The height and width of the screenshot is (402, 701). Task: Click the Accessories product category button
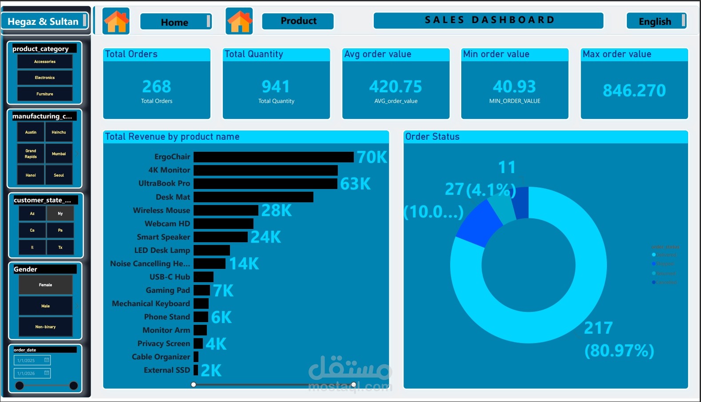[x=45, y=62]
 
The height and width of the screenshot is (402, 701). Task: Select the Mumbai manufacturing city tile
[x=59, y=154]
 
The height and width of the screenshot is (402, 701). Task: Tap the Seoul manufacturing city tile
[x=59, y=175]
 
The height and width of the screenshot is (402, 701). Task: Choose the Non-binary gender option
[x=45, y=327]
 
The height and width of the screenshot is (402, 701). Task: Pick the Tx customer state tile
[x=60, y=247]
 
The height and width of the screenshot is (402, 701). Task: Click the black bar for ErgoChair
[x=273, y=157]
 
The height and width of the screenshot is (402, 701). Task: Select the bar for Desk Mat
[x=253, y=197]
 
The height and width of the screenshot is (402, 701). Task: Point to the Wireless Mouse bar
[x=226, y=210]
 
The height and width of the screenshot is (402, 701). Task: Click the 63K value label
[x=355, y=184]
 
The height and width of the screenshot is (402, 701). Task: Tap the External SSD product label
[x=167, y=370]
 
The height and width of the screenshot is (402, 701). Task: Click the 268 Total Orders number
[x=156, y=87]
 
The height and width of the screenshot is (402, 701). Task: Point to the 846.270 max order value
[x=634, y=91]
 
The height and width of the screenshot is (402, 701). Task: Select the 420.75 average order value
[x=395, y=87]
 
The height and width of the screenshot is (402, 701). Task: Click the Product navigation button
[x=298, y=21]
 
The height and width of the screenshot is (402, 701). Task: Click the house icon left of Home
[x=116, y=21]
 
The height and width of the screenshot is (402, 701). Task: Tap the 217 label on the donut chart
[x=598, y=328]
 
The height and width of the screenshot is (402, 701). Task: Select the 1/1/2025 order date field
[x=32, y=360]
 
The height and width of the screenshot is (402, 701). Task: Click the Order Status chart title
[x=432, y=137]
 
